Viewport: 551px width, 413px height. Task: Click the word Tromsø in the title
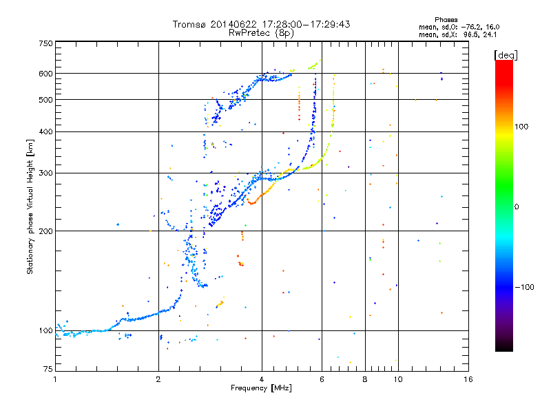pos(189,24)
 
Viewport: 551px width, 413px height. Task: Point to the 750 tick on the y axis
pos(45,43)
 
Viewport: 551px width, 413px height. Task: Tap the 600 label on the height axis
pos(45,74)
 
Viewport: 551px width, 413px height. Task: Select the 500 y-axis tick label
pos(45,100)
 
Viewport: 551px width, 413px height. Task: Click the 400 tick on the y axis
pos(45,131)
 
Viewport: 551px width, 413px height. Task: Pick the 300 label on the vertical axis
pos(45,173)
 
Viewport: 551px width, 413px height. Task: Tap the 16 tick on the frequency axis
pos(468,379)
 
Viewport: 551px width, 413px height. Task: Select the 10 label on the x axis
pos(398,379)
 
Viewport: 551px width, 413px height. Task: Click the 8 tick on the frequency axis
pos(365,379)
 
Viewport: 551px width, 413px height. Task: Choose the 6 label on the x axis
pos(322,379)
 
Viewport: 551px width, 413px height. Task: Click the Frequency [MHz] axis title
pos(261,388)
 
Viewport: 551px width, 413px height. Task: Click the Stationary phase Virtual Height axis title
pos(31,207)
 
